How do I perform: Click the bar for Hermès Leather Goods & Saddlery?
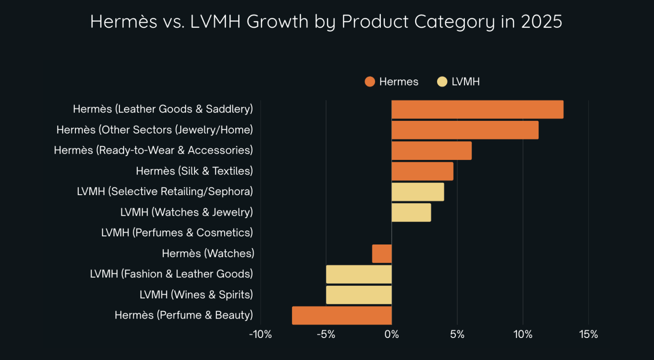[477, 110]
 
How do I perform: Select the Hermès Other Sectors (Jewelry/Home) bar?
[465, 130]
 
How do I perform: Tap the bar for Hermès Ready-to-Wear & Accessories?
[431, 151]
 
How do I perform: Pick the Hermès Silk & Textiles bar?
[422, 171]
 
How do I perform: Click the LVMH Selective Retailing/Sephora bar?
[418, 192]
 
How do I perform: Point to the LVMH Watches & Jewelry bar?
[411, 213]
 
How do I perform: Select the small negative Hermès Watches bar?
[382, 254]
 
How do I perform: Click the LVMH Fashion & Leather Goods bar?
[359, 274]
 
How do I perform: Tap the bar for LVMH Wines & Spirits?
[359, 295]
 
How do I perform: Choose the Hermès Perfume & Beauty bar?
[342, 316]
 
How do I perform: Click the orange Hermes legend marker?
[370, 82]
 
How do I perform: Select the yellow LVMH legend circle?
[442, 82]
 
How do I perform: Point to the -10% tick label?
[260, 335]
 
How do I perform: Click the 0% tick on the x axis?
[392, 335]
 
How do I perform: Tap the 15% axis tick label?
[588, 335]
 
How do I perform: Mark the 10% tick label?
[523, 335]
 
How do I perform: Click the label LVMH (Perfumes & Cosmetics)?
[177, 233]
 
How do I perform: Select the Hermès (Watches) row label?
[208, 253]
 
